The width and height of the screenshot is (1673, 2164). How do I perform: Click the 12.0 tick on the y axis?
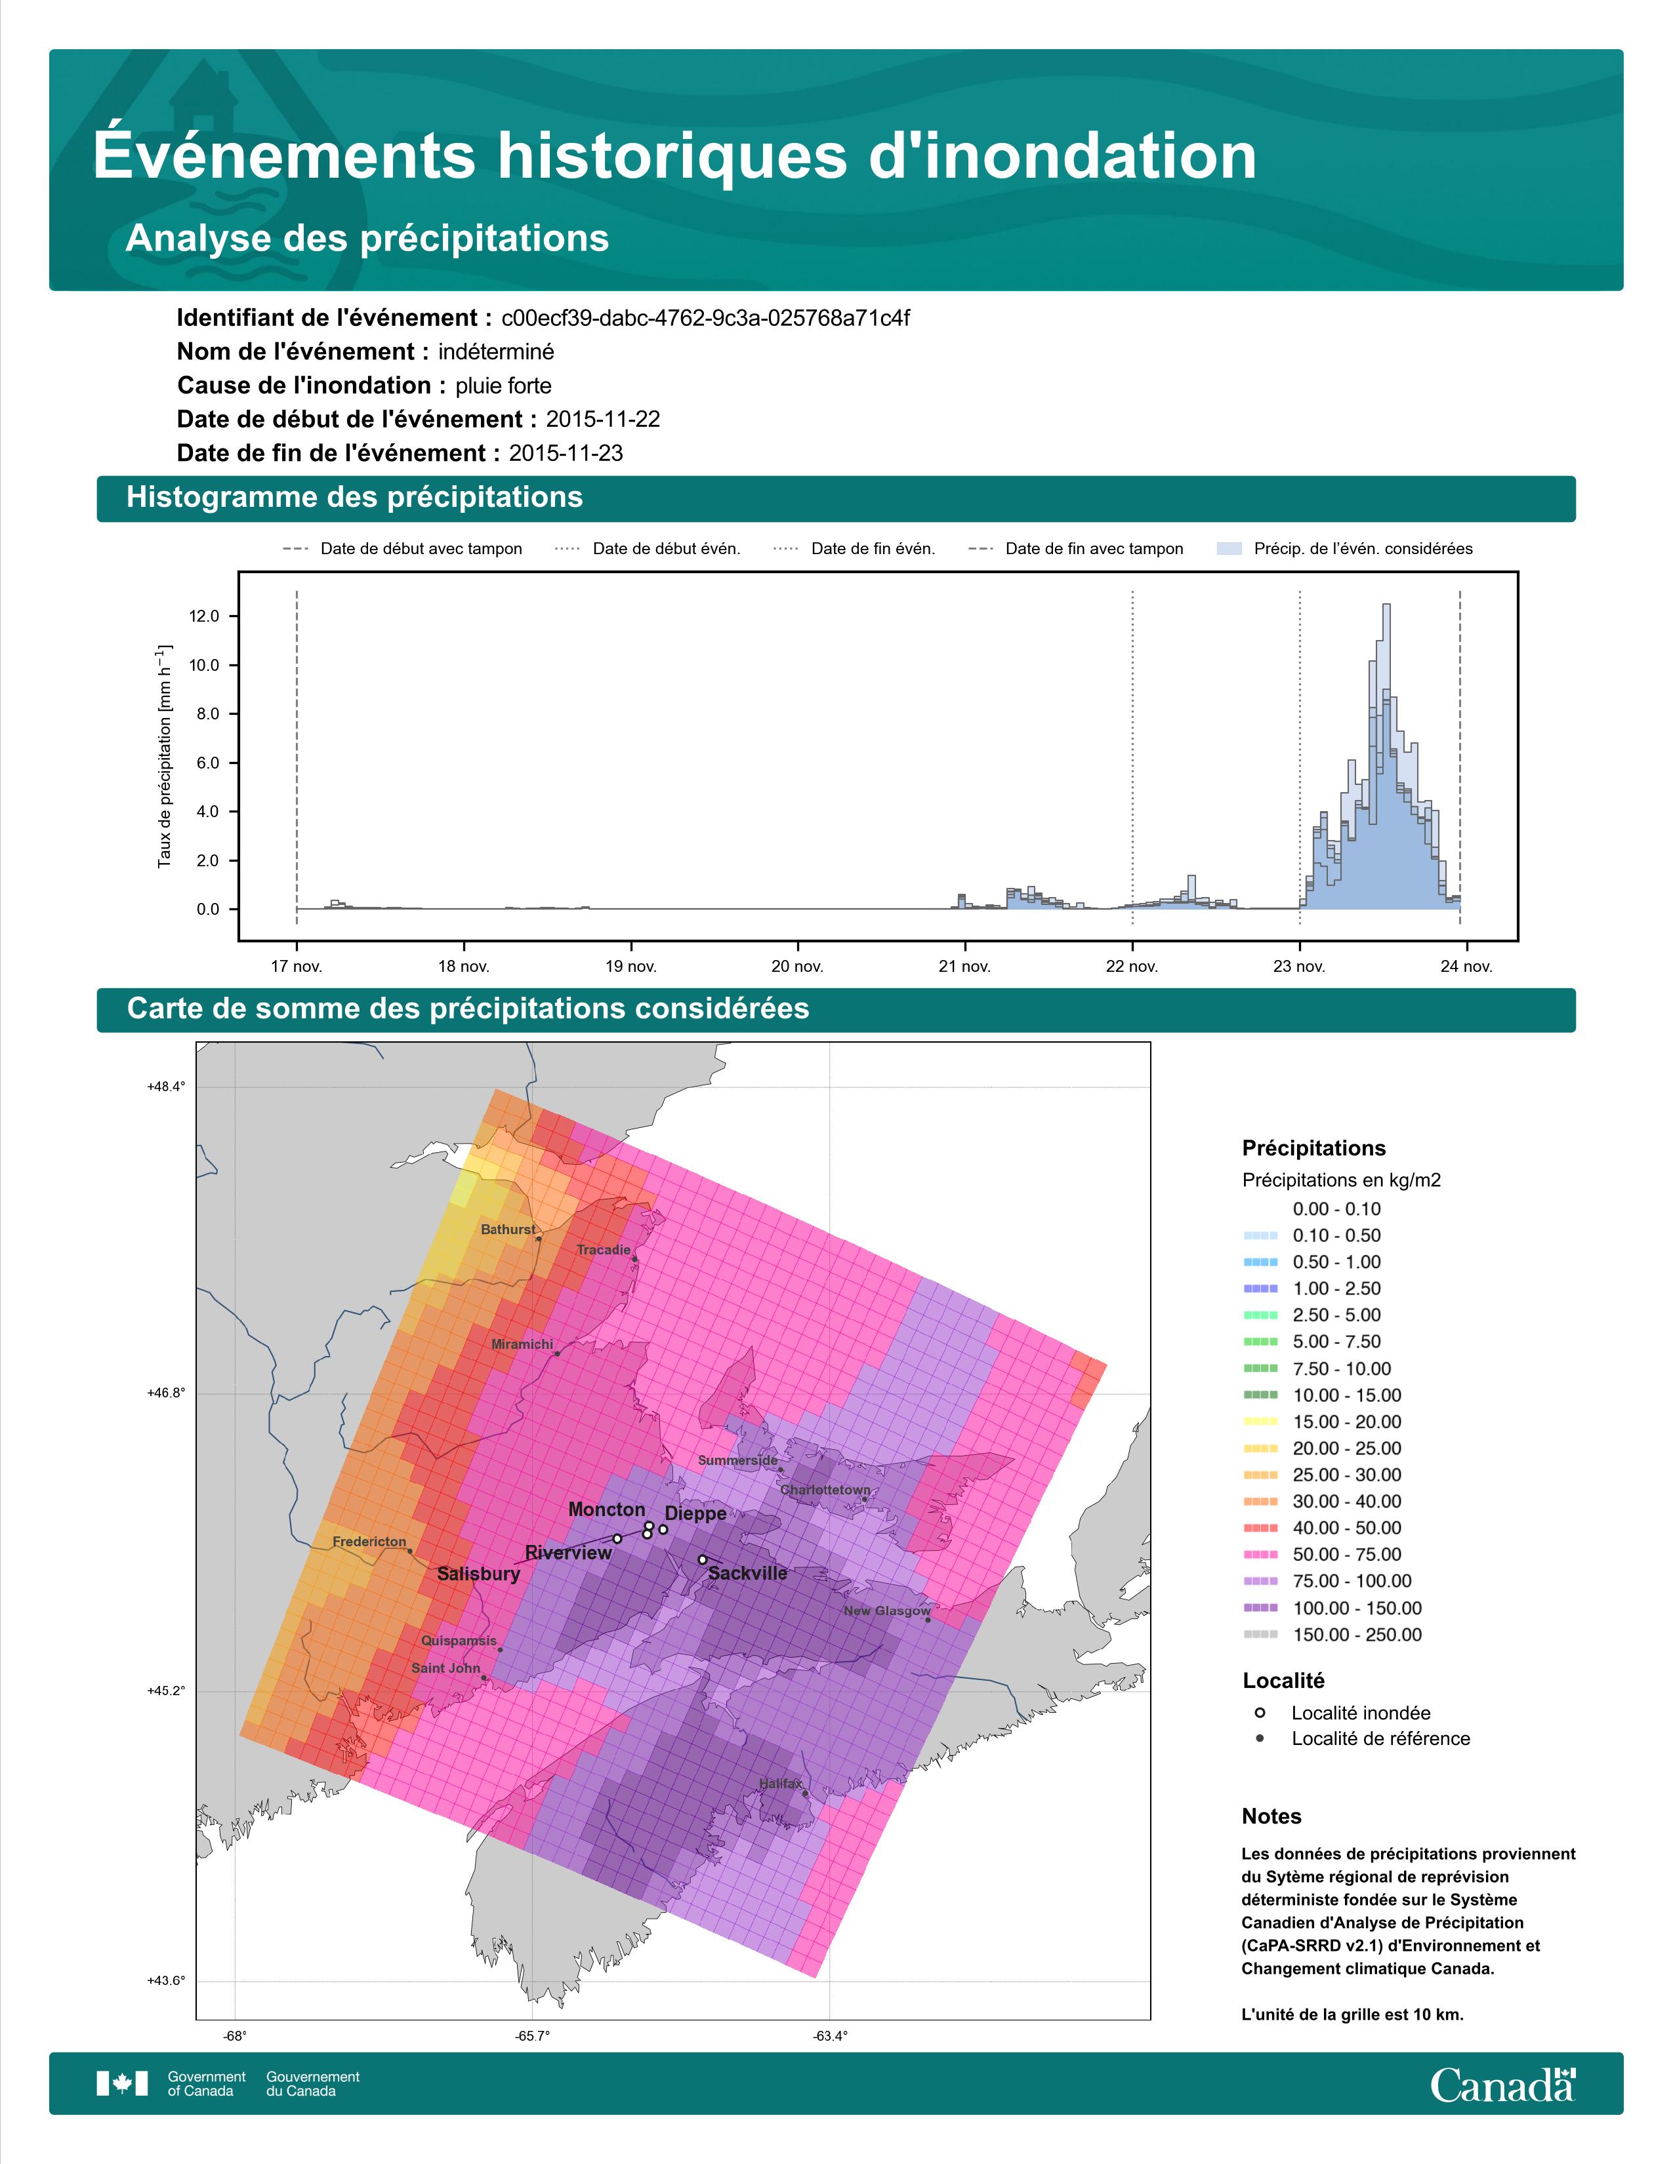point(204,616)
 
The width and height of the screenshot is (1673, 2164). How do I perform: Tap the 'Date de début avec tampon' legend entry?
point(402,549)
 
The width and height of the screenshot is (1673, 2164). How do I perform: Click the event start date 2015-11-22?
point(602,419)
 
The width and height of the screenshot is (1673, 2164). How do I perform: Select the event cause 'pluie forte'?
point(503,386)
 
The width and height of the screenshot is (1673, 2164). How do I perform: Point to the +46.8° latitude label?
point(165,1393)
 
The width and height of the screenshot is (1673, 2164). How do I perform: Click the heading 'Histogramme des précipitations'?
point(355,498)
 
